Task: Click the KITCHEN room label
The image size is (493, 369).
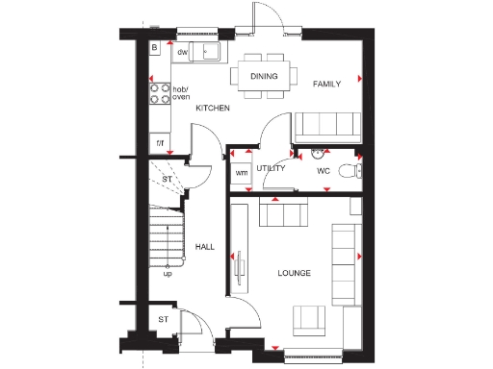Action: [213, 109]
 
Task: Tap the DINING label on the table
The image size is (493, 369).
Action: [264, 76]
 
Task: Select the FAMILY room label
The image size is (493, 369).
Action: [327, 85]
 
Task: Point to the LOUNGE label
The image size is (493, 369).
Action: [295, 274]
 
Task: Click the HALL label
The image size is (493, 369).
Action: [204, 247]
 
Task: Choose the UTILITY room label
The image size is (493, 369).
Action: [272, 169]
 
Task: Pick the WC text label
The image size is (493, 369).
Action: [324, 171]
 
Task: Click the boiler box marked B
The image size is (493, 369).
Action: [154, 48]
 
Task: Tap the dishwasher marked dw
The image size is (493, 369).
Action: [181, 53]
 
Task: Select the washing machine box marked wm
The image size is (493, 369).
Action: [241, 173]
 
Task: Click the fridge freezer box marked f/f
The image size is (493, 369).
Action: [159, 143]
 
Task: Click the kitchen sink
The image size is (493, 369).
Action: [206, 52]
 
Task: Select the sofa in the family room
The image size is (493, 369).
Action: [326, 126]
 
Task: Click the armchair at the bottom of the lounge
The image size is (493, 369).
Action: [309, 320]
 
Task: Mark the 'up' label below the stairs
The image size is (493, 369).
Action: [168, 273]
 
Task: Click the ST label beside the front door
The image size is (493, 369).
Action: [163, 319]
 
